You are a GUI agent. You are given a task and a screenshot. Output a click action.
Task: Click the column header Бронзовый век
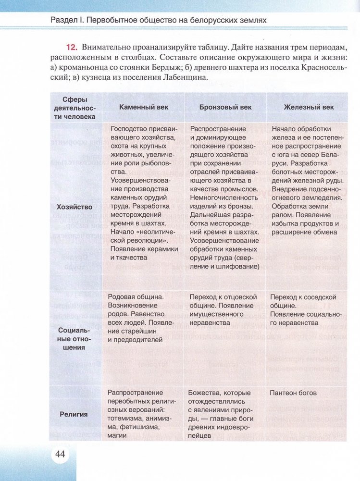coord(225,107)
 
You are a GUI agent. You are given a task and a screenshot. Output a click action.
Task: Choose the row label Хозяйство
coord(74,207)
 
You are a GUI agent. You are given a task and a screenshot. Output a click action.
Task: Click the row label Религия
coord(74,414)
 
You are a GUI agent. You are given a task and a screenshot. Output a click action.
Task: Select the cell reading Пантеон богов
coord(293,393)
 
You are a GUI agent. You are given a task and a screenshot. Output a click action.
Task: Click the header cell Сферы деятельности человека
coord(74,108)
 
